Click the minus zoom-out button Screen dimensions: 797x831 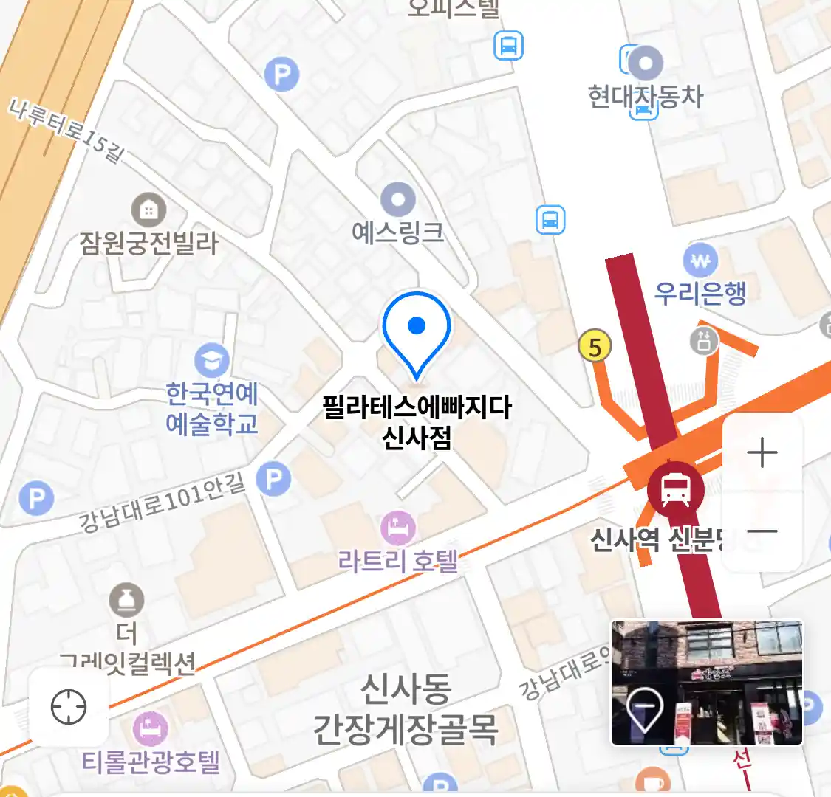[762, 531]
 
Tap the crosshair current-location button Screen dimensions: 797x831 [69, 707]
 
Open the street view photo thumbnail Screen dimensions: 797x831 [706, 682]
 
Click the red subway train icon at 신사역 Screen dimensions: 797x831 [675, 487]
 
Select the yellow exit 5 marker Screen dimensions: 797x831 [595, 346]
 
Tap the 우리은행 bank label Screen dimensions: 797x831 [700, 293]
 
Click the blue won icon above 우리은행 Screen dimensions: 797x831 [700, 261]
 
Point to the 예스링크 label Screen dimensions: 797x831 [398, 233]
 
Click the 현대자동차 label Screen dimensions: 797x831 [646, 97]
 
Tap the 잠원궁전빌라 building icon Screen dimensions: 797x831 [148, 211]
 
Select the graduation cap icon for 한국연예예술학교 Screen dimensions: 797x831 [212, 361]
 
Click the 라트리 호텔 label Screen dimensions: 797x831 [398, 561]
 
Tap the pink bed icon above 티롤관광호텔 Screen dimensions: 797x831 [151, 729]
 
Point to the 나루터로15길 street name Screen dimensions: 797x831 [66, 130]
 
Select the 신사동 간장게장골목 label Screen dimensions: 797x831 [406, 709]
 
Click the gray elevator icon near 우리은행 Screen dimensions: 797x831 [704, 341]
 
